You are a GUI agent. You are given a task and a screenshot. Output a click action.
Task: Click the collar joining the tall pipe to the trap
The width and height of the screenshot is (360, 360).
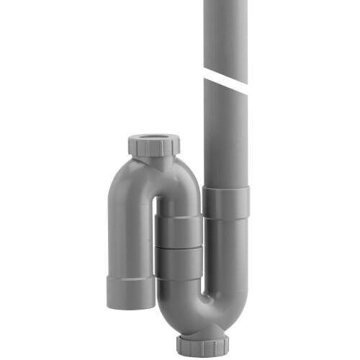tap(225, 202)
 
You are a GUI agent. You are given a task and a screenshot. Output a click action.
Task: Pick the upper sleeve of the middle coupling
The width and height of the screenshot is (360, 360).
tap(179, 231)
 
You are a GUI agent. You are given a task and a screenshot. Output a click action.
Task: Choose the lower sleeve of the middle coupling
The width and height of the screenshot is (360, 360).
tap(179, 264)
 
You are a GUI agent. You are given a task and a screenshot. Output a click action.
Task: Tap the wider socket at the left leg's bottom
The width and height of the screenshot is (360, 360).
tap(131, 291)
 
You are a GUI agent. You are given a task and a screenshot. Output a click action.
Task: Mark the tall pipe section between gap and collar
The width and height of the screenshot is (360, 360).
tap(225, 133)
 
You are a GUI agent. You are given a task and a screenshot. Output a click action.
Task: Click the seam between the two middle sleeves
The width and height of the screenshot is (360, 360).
tap(179, 247)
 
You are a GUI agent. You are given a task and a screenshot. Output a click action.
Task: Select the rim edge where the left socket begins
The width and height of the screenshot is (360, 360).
tap(130, 276)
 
